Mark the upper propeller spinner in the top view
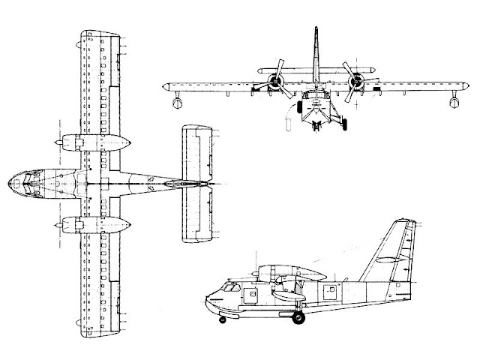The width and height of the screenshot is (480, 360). pyautogui.click(x=57, y=142)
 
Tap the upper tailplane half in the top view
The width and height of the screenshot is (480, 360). pyautogui.click(x=197, y=151)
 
